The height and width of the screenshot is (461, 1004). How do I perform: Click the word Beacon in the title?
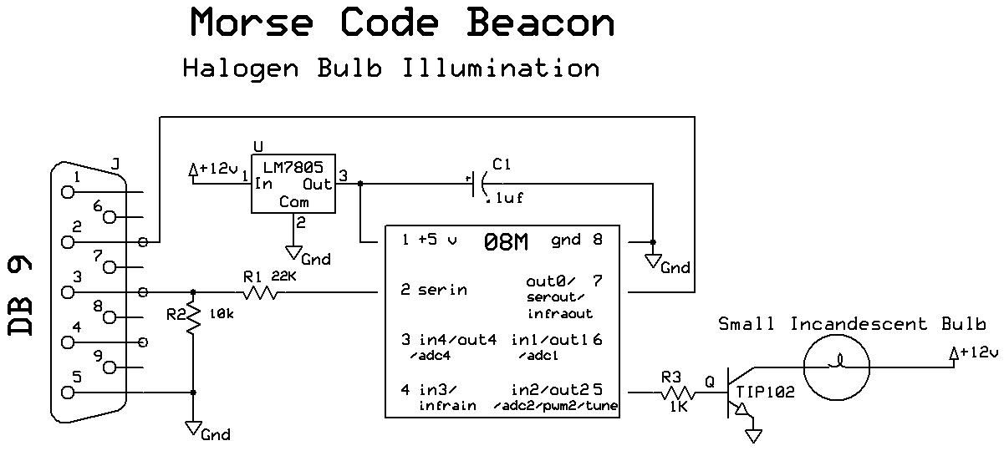click(x=540, y=23)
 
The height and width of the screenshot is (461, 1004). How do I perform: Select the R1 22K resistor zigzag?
click(x=261, y=292)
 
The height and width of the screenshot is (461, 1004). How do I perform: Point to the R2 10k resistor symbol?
click(x=193, y=317)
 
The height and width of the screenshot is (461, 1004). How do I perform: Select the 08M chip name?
click(x=505, y=243)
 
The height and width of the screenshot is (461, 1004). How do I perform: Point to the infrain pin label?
click(x=447, y=406)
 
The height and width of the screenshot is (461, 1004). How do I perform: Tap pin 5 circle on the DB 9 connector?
click(x=67, y=392)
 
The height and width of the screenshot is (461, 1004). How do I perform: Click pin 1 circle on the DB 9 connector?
click(x=67, y=192)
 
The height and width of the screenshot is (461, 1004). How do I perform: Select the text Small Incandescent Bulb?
click(x=852, y=324)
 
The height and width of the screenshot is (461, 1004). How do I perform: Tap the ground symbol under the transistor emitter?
click(x=755, y=434)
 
